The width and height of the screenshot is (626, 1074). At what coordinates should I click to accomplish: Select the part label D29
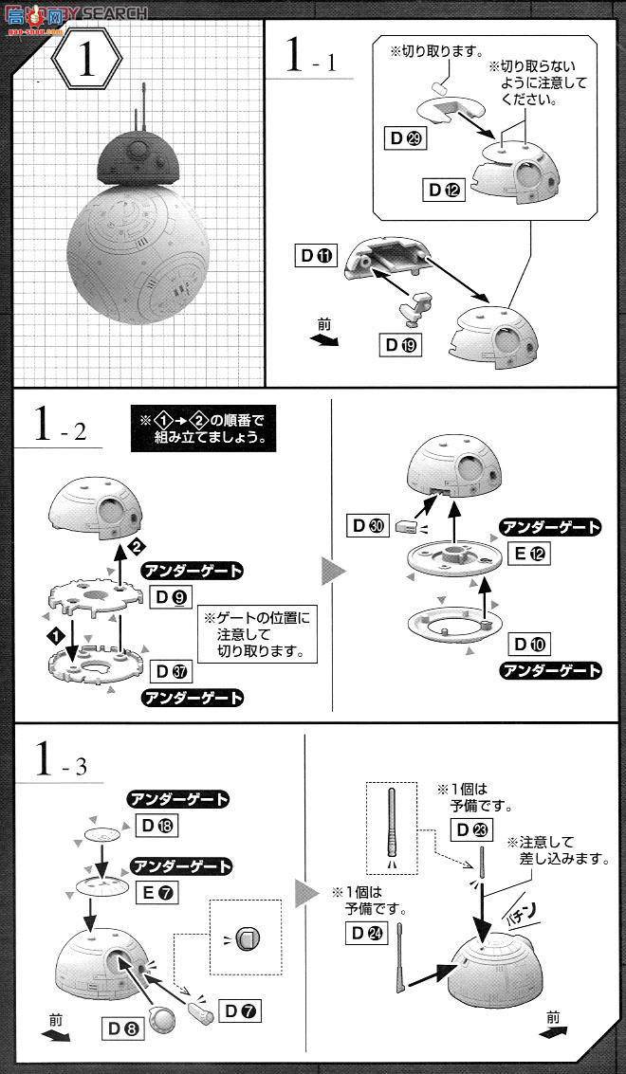pyautogui.click(x=405, y=139)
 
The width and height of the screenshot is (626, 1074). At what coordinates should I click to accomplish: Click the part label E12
pyautogui.click(x=530, y=555)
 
